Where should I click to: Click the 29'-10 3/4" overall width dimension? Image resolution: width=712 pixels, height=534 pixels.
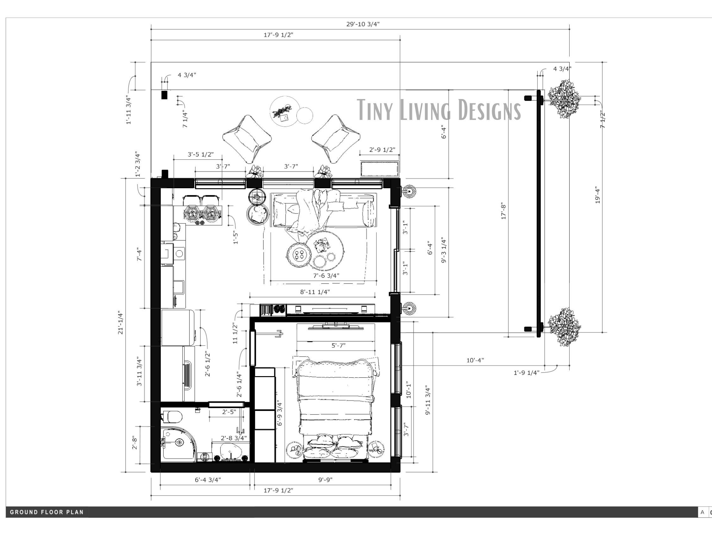tap(363, 24)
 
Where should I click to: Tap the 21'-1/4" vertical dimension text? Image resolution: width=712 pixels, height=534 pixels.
tap(120, 323)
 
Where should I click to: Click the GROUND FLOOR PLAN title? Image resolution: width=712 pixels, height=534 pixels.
tap(47, 512)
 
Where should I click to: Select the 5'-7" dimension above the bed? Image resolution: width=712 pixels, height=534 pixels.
tap(338, 345)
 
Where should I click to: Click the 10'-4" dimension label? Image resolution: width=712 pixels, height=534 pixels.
tap(475, 360)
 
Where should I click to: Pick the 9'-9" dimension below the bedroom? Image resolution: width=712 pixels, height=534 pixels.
tap(325, 480)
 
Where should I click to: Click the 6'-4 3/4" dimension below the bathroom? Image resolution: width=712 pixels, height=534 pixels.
tap(208, 480)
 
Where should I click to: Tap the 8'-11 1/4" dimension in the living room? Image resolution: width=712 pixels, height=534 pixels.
tap(315, 292)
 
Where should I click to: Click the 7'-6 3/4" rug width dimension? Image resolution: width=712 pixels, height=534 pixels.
tap(326, 276)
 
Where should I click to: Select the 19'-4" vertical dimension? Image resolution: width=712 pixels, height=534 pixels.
tap(598, 195)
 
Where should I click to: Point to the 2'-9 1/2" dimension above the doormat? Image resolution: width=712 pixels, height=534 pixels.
tap(382, 150)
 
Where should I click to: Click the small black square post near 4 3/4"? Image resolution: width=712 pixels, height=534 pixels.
tap(164, 95)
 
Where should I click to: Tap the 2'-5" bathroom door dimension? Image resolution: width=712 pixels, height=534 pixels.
tap(229, 412)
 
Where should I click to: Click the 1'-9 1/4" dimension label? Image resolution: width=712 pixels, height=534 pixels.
tap(526, 373)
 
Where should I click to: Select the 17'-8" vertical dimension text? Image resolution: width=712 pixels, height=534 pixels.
tap(504, 211)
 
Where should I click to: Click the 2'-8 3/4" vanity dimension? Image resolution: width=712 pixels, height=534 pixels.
tap(234, 438)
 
